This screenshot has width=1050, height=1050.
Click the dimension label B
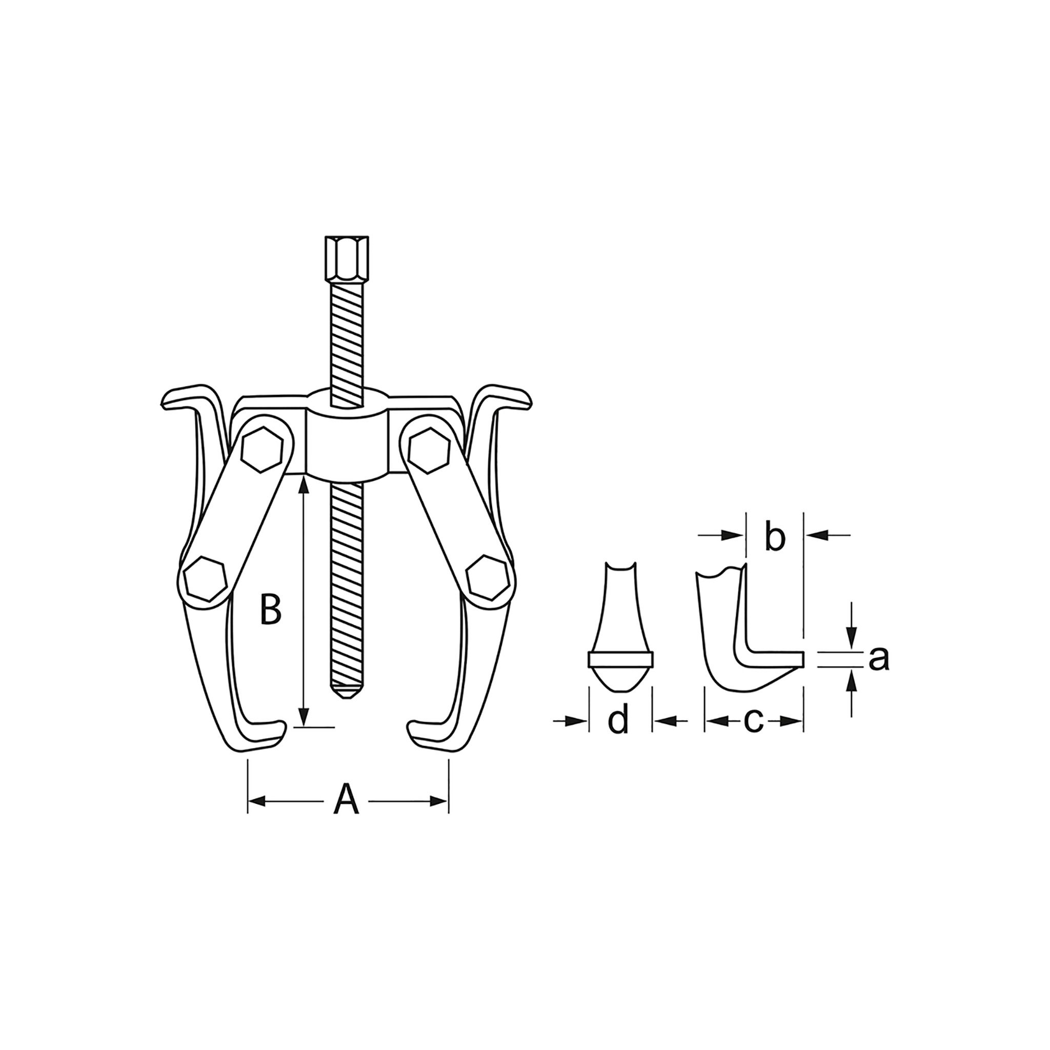coord(270,610)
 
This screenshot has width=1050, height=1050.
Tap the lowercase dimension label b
coord(775,536)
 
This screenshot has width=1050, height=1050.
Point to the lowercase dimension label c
coord(753,721)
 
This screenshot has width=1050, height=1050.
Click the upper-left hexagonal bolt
coord(263,449)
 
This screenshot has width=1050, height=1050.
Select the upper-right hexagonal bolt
coord(429,449)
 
